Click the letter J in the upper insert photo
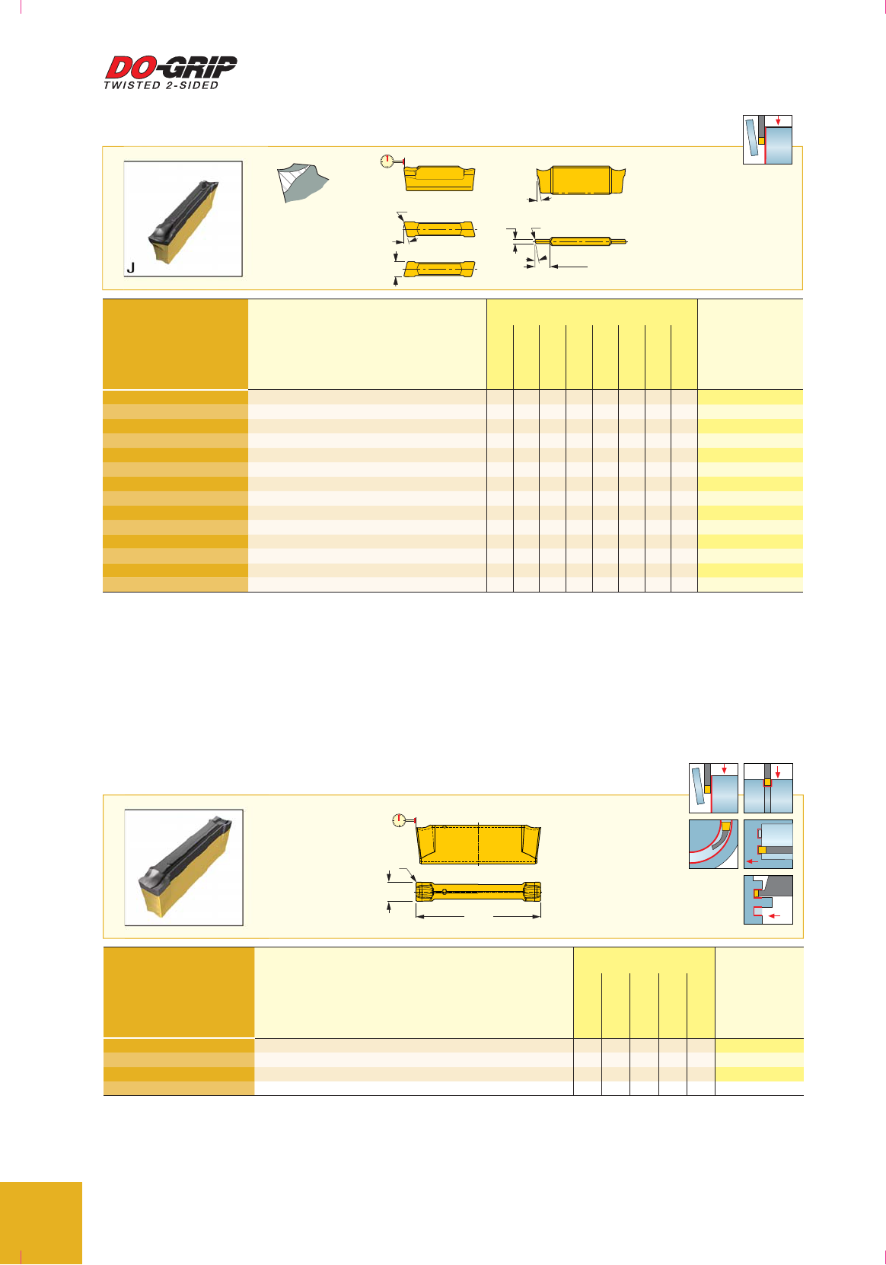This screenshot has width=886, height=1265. tap(131, 267)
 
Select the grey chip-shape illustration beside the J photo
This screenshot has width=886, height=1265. tap(302, 183)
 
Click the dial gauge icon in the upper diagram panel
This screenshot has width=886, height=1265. tap(387, 161)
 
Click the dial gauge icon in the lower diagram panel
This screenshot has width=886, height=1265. tap(400, 820)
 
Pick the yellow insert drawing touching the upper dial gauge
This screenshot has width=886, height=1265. tap(440, 178)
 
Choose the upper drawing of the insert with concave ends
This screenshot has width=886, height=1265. tap(582, 180)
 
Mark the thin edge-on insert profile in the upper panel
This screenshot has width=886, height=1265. tap(581, 241)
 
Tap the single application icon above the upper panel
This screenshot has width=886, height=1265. tap(767, 139)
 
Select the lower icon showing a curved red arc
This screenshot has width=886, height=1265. tap(713, 845)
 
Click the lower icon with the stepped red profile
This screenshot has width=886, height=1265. tap(768, 899)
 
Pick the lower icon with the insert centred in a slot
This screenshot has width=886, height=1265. tap(768, 788)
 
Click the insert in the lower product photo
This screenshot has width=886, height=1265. tap(184, 867)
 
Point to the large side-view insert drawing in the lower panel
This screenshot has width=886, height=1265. tap(479, 845)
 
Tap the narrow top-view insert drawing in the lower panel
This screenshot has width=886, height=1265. tap(479, 892)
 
